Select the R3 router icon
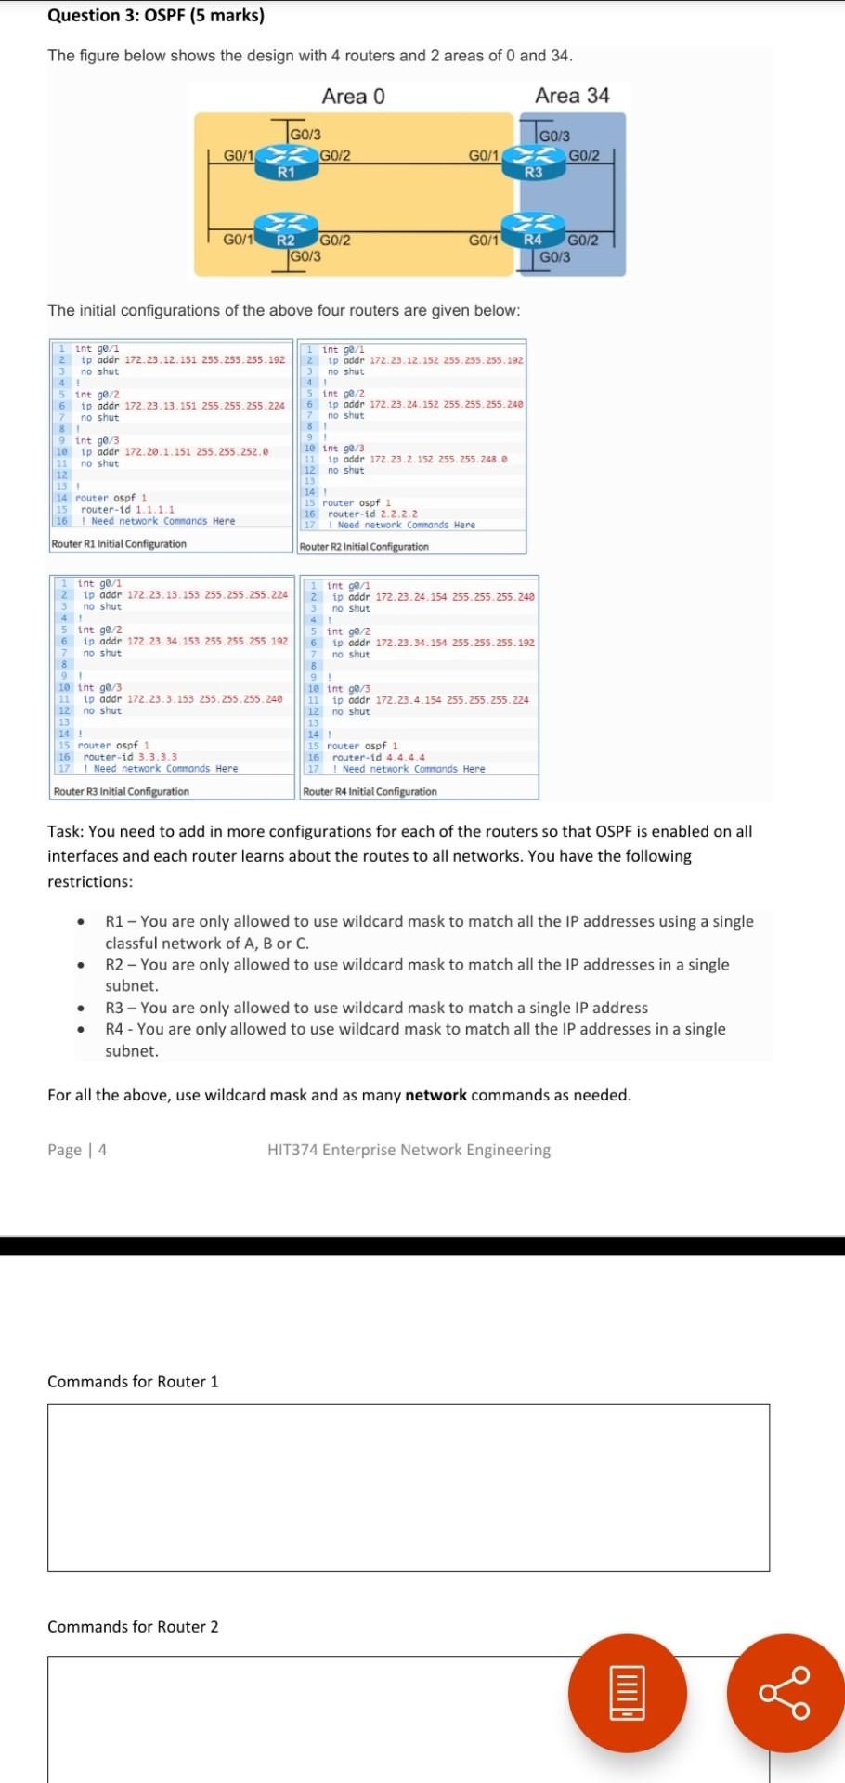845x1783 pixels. (533, 159)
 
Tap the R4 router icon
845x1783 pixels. (533, 226)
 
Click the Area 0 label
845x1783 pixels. (353, 97)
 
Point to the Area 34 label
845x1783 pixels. (572, 96)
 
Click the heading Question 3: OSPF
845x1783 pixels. (156, 16)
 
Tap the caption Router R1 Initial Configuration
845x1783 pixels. (119, 544)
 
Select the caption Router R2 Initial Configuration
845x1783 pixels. (364, 547)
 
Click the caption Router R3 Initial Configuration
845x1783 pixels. (122, 792)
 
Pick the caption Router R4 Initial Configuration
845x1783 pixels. (370, 792)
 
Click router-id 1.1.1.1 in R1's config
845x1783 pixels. (127, 510)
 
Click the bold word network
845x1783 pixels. (435, 1095)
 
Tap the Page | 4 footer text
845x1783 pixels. (77, 1150)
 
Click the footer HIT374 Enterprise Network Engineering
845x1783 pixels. (409, 1150)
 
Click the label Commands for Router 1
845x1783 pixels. (133, 1382)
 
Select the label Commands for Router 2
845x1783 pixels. (133, 1627)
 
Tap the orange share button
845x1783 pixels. (786, 1693)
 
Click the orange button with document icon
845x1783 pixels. (627, 1693)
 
